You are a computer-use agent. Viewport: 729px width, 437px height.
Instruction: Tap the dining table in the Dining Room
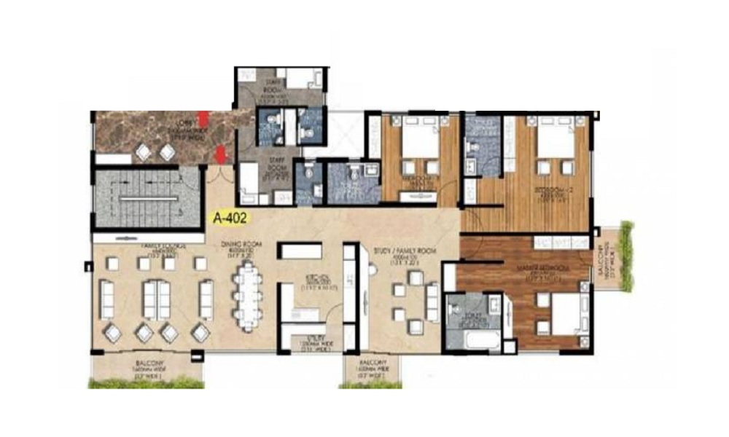tap(248, 294)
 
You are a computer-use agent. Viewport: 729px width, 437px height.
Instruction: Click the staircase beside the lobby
tap(147, 199)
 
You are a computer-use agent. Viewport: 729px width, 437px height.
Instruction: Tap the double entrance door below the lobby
tap(219, 173)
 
